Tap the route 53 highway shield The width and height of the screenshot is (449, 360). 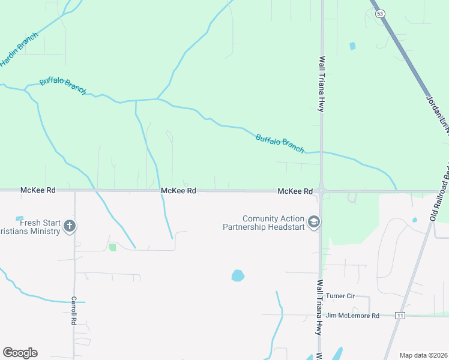[x=379, y=13]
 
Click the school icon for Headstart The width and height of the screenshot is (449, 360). [x=313, y=223]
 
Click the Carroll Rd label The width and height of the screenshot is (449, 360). [x=74, y=310]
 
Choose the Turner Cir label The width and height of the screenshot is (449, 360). [x=340, y=296]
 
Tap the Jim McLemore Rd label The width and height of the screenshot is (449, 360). [x=352, y=315]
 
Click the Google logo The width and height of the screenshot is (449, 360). [x=20, y=353]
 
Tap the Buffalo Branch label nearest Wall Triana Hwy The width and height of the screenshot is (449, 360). [x=280, y=143]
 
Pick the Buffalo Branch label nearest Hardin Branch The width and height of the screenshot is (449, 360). [x=63, y=85]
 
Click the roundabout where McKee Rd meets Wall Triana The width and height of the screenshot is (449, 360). [x=322, y=191]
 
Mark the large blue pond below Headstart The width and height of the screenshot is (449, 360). [x=238, y=276]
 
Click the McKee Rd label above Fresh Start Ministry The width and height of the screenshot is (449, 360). [x=38, y=190]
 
